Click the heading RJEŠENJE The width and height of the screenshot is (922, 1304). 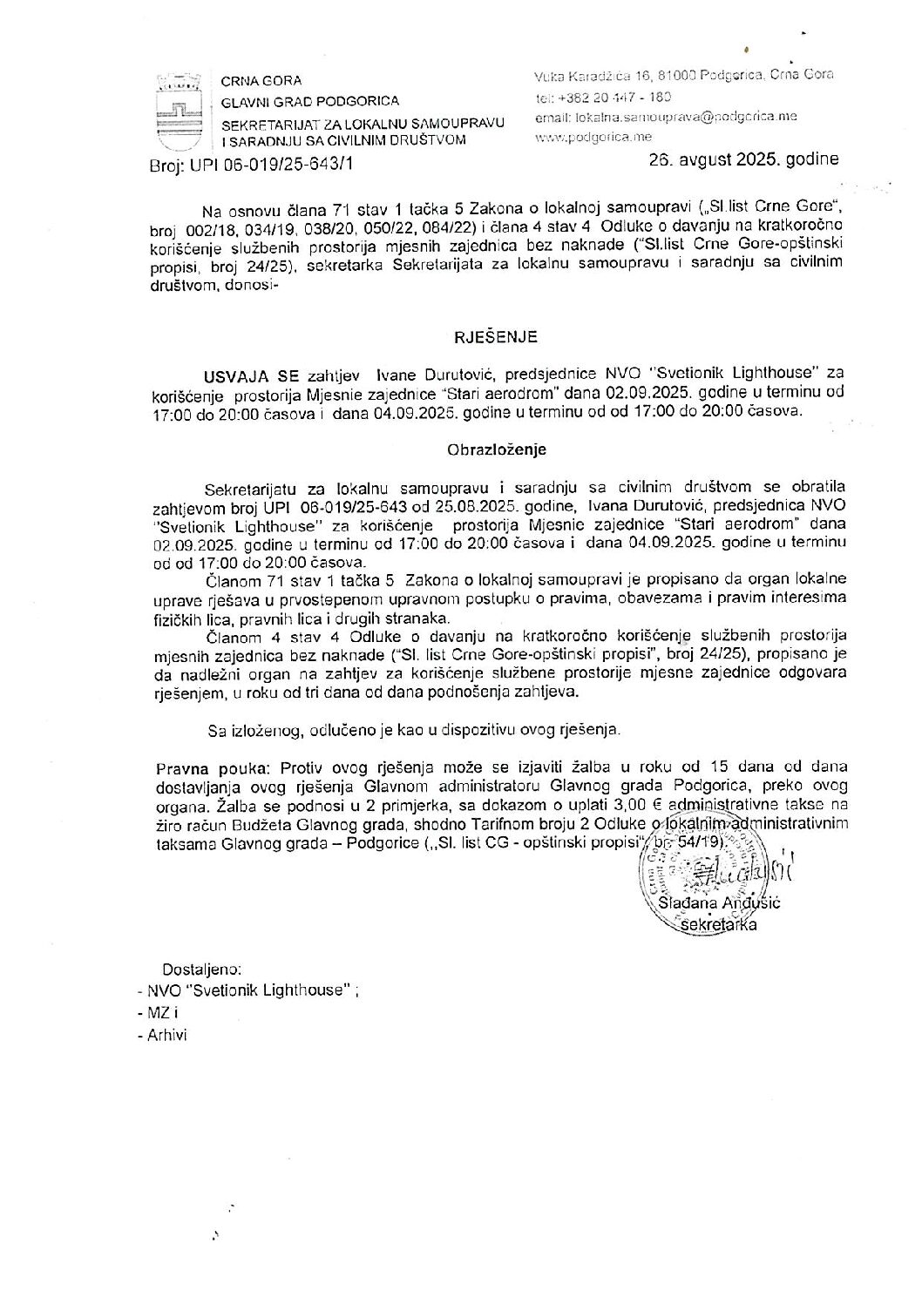tap(493, 335)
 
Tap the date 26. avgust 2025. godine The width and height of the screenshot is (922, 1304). tap(743, 159)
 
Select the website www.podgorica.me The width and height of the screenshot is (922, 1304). tap(593, 137)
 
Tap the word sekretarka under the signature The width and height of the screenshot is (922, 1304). tap(721, 924)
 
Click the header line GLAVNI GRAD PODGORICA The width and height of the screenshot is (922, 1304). tap(310, 101)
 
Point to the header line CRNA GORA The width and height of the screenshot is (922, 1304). tap(261, 81)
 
